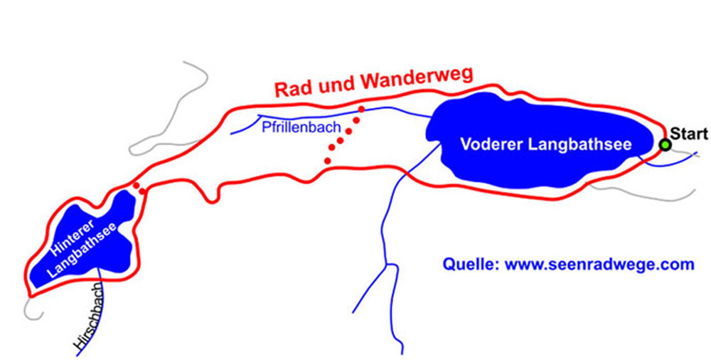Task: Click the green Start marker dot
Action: tap(665, 145)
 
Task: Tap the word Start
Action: tap(689, 133)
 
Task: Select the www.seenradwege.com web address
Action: tap(599, 265)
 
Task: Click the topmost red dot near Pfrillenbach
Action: tap(361, 110)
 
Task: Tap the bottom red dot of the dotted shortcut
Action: tap(327, 161)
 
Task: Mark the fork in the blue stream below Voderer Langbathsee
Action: tap(387, 265)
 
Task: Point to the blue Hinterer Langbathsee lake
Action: tap(107, 213)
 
